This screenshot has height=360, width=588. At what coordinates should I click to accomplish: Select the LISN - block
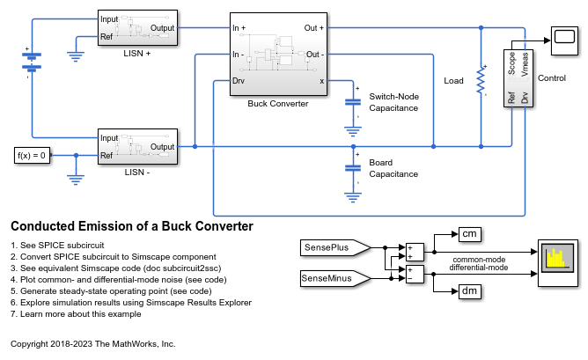tap(138, 147)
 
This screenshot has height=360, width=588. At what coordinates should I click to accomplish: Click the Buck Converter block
tap(279, 55)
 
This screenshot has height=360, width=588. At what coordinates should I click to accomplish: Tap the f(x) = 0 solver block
tap(33, 157)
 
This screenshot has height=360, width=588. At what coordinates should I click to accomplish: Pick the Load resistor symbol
tap(481, 80)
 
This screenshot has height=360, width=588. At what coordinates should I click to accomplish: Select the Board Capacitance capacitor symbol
tap(353, 166)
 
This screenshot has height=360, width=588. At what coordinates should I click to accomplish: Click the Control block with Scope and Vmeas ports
tap(518, 78)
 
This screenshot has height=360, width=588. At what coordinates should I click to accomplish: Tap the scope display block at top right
tap(562, 36)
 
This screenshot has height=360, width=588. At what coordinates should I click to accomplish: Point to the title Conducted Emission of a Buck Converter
tap(131, 226)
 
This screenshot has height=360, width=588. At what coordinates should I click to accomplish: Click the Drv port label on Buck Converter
tap(239, 81)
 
